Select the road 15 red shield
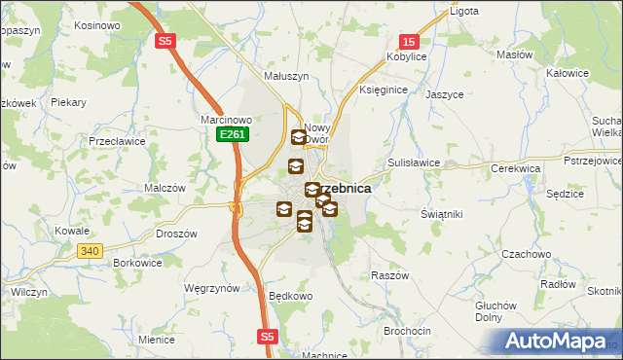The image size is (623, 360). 409,42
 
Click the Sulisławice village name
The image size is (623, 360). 415,163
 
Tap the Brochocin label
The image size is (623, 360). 407,331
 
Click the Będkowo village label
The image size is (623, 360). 291,295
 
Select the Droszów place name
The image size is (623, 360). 177,234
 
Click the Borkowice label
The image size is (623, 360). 137,263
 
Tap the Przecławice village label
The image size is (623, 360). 117,140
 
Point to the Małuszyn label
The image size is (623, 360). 286,76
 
